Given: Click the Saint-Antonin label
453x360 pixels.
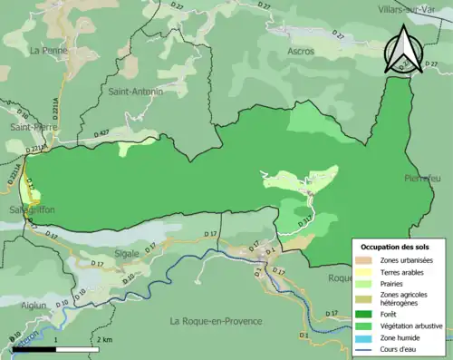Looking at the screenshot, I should pyautogui.click(x=136, y=92).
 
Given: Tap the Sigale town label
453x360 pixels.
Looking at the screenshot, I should pyautogui.click(x=128, y=253).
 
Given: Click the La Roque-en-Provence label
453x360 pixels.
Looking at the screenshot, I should pyautogui.click(x=216, y=320).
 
